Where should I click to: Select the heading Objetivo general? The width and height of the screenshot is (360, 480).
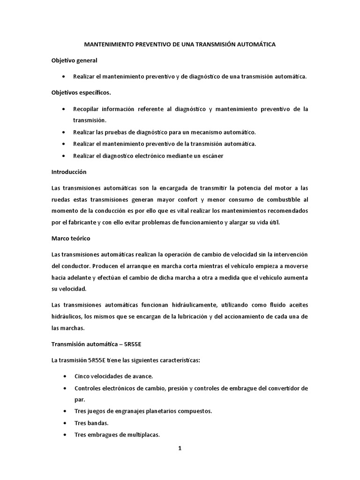tap(74, 60)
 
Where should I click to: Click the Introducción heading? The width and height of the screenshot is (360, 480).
tap(69, 172)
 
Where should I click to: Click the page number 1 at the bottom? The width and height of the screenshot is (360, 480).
tap(180, 448)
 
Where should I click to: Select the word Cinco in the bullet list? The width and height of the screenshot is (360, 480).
tap(82, 376)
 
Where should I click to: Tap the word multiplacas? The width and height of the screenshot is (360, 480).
tap(143, 435)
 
